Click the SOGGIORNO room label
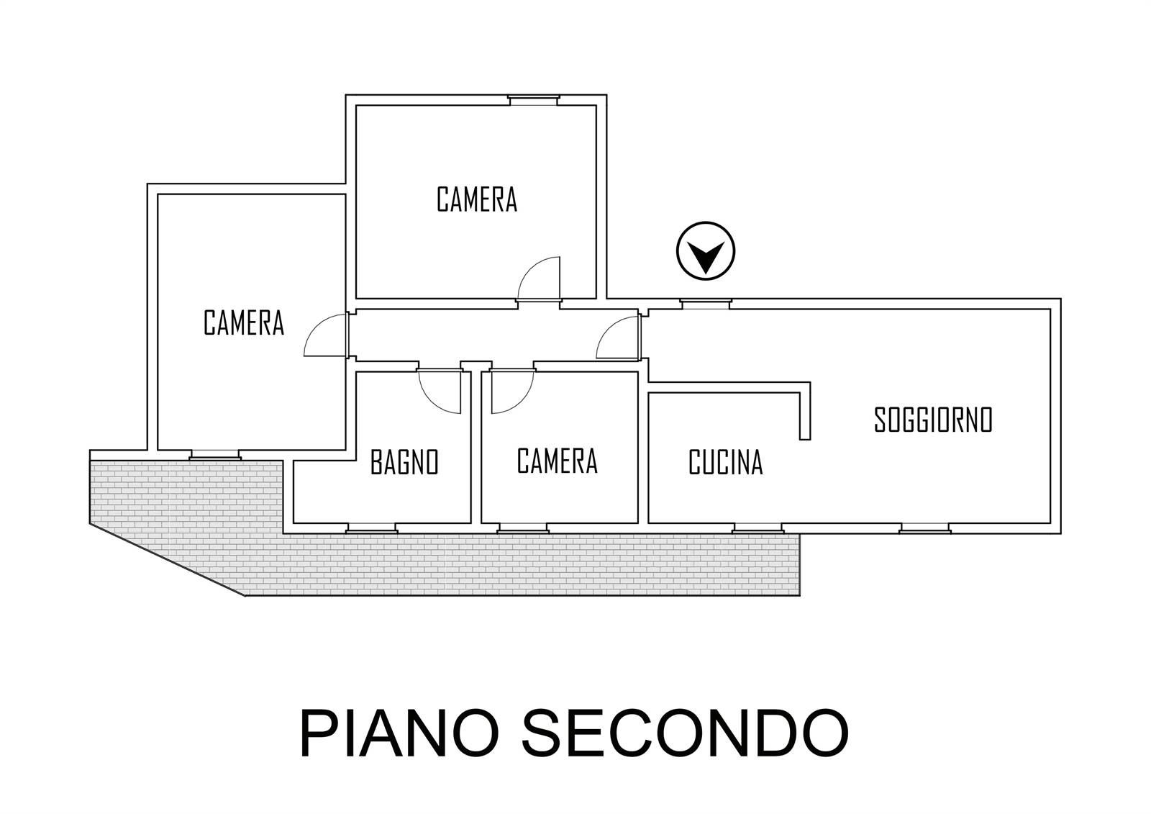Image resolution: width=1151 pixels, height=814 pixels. click(x=932, y=420)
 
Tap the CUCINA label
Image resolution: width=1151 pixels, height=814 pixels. click(x=726, y=462)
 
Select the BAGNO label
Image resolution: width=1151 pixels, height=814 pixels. click(x=404, y=462)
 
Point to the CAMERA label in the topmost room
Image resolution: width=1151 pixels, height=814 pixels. click(x=477, y=199)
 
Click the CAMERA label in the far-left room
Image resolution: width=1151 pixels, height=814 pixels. click(x=244, y=322)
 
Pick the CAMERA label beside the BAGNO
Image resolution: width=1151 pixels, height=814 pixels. click(x=558, y=461)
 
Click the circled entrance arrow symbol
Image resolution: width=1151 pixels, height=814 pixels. click(x=706, y=251)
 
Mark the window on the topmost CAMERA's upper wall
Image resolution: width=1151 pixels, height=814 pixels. click(x=533, y=100)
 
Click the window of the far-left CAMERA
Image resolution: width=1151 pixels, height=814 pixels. click(x=215, y=455)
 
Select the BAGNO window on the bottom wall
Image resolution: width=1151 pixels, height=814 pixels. click(x=371, y=528)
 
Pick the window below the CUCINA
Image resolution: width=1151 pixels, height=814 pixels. click(x=758, y=528)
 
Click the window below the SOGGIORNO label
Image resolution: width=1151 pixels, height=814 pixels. click(x=925, y=528)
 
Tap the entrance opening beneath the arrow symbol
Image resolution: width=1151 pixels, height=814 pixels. click(x=706, y=304)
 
